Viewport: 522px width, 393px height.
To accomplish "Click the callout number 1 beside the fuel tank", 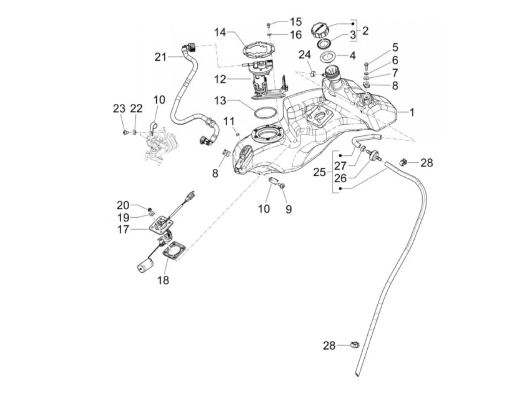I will (412, 112).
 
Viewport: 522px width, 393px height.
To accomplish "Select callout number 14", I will (220, 33).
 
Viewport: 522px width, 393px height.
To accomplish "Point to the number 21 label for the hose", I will (161, 57).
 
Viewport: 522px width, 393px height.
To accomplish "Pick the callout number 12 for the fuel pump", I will (220, 79).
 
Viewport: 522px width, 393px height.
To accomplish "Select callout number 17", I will (123, 229).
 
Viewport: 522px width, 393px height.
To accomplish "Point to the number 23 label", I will (119, 109).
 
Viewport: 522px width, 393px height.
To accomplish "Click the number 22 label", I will (136, 109).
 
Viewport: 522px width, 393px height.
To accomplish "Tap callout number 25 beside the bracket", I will (320, 172).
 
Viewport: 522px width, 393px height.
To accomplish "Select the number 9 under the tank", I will (289, 209).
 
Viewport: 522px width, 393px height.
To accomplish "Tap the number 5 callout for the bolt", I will (395, 47).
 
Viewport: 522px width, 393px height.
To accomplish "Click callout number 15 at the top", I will (296, 22).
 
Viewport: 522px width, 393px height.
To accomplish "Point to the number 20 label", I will (123, 205).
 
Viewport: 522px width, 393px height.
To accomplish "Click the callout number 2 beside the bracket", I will (365, 31).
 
